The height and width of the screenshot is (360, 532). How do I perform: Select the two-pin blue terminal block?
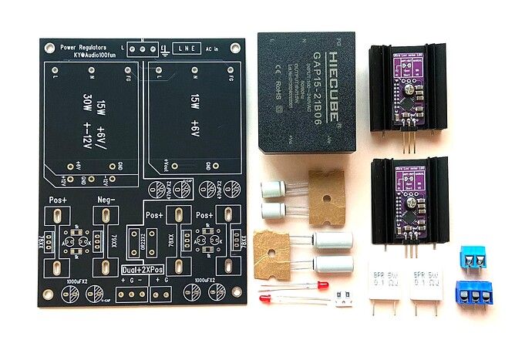pos(472,258)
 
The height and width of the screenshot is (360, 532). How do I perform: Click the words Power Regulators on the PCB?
pos(89,47)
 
